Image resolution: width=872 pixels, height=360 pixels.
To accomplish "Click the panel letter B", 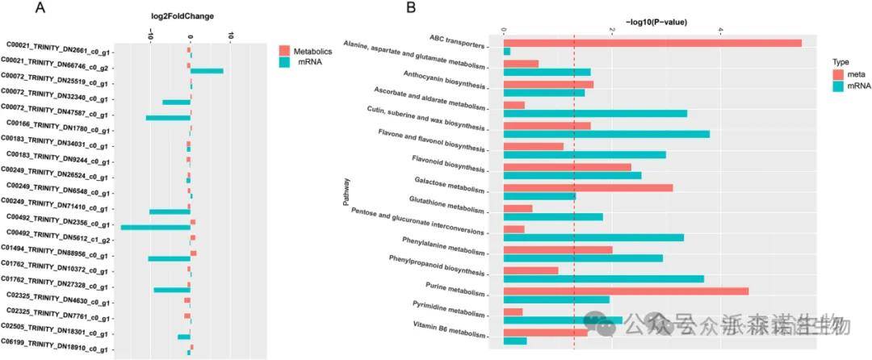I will coord(411,9).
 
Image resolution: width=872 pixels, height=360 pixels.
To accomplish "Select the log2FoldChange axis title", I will coord(189,16).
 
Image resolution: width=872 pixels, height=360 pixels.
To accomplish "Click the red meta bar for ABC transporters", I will coord(652,43).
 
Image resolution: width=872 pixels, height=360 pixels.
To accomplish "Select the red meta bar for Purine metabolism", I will coord(625,290).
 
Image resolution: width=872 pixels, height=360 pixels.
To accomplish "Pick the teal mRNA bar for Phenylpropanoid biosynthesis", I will coord(603,278).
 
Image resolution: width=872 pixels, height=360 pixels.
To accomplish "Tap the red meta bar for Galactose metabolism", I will coord(587,187).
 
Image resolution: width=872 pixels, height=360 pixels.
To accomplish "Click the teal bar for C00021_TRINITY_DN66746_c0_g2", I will coord(207,71).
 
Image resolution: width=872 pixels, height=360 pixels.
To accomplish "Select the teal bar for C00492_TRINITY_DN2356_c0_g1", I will coord(155,227).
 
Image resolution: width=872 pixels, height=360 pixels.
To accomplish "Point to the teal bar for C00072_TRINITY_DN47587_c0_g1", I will coord(168,118).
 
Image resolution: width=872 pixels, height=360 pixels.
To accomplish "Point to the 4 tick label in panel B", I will coord(720,31).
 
